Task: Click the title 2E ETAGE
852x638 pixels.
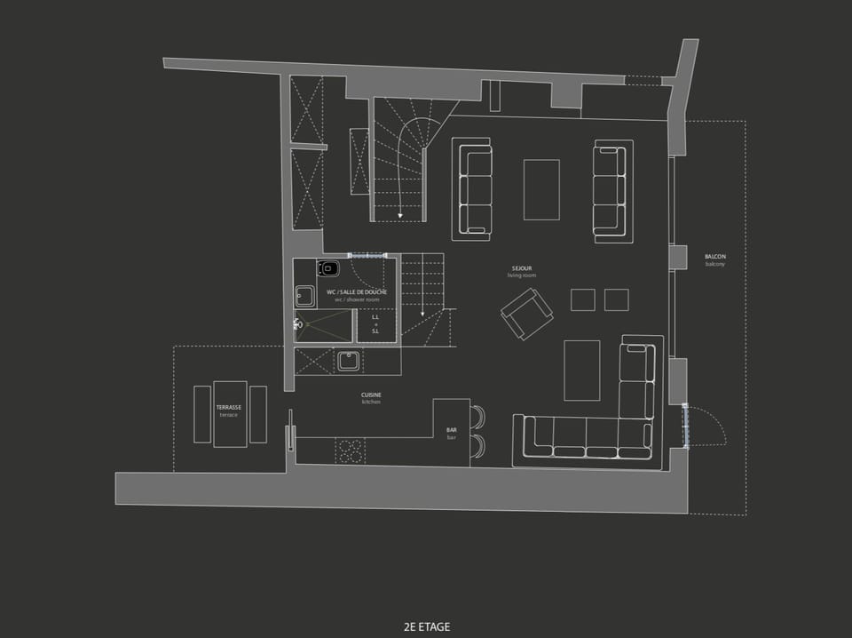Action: click(x=426, y=626)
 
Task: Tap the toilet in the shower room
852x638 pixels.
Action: click(x=330, y=268)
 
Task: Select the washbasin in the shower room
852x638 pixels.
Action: click(x=305, y=295)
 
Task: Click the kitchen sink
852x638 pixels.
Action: click(x=347, y=361)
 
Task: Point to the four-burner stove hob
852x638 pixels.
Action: click(x=350, y=451)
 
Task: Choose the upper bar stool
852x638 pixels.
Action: click(x=478, y=417)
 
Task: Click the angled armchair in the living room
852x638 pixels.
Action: click(x=526, y=314)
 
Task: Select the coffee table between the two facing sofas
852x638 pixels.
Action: click(x=541, y=189)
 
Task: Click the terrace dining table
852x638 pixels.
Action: click(x=230, y=413)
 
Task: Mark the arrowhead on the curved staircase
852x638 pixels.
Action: click(x=401, y=214)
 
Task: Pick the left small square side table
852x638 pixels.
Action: click(x=583, y=299)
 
